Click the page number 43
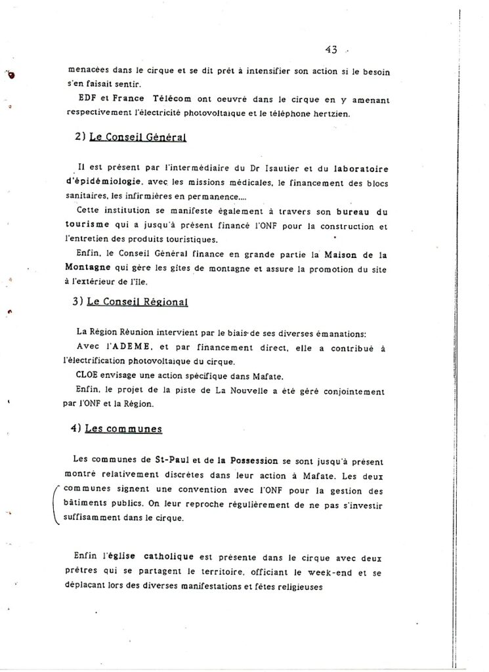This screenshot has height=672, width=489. coord(331,49)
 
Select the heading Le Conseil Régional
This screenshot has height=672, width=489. coord(138,302)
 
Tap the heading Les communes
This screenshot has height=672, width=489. coord(124,429)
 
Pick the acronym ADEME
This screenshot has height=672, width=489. coord(137,347)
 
